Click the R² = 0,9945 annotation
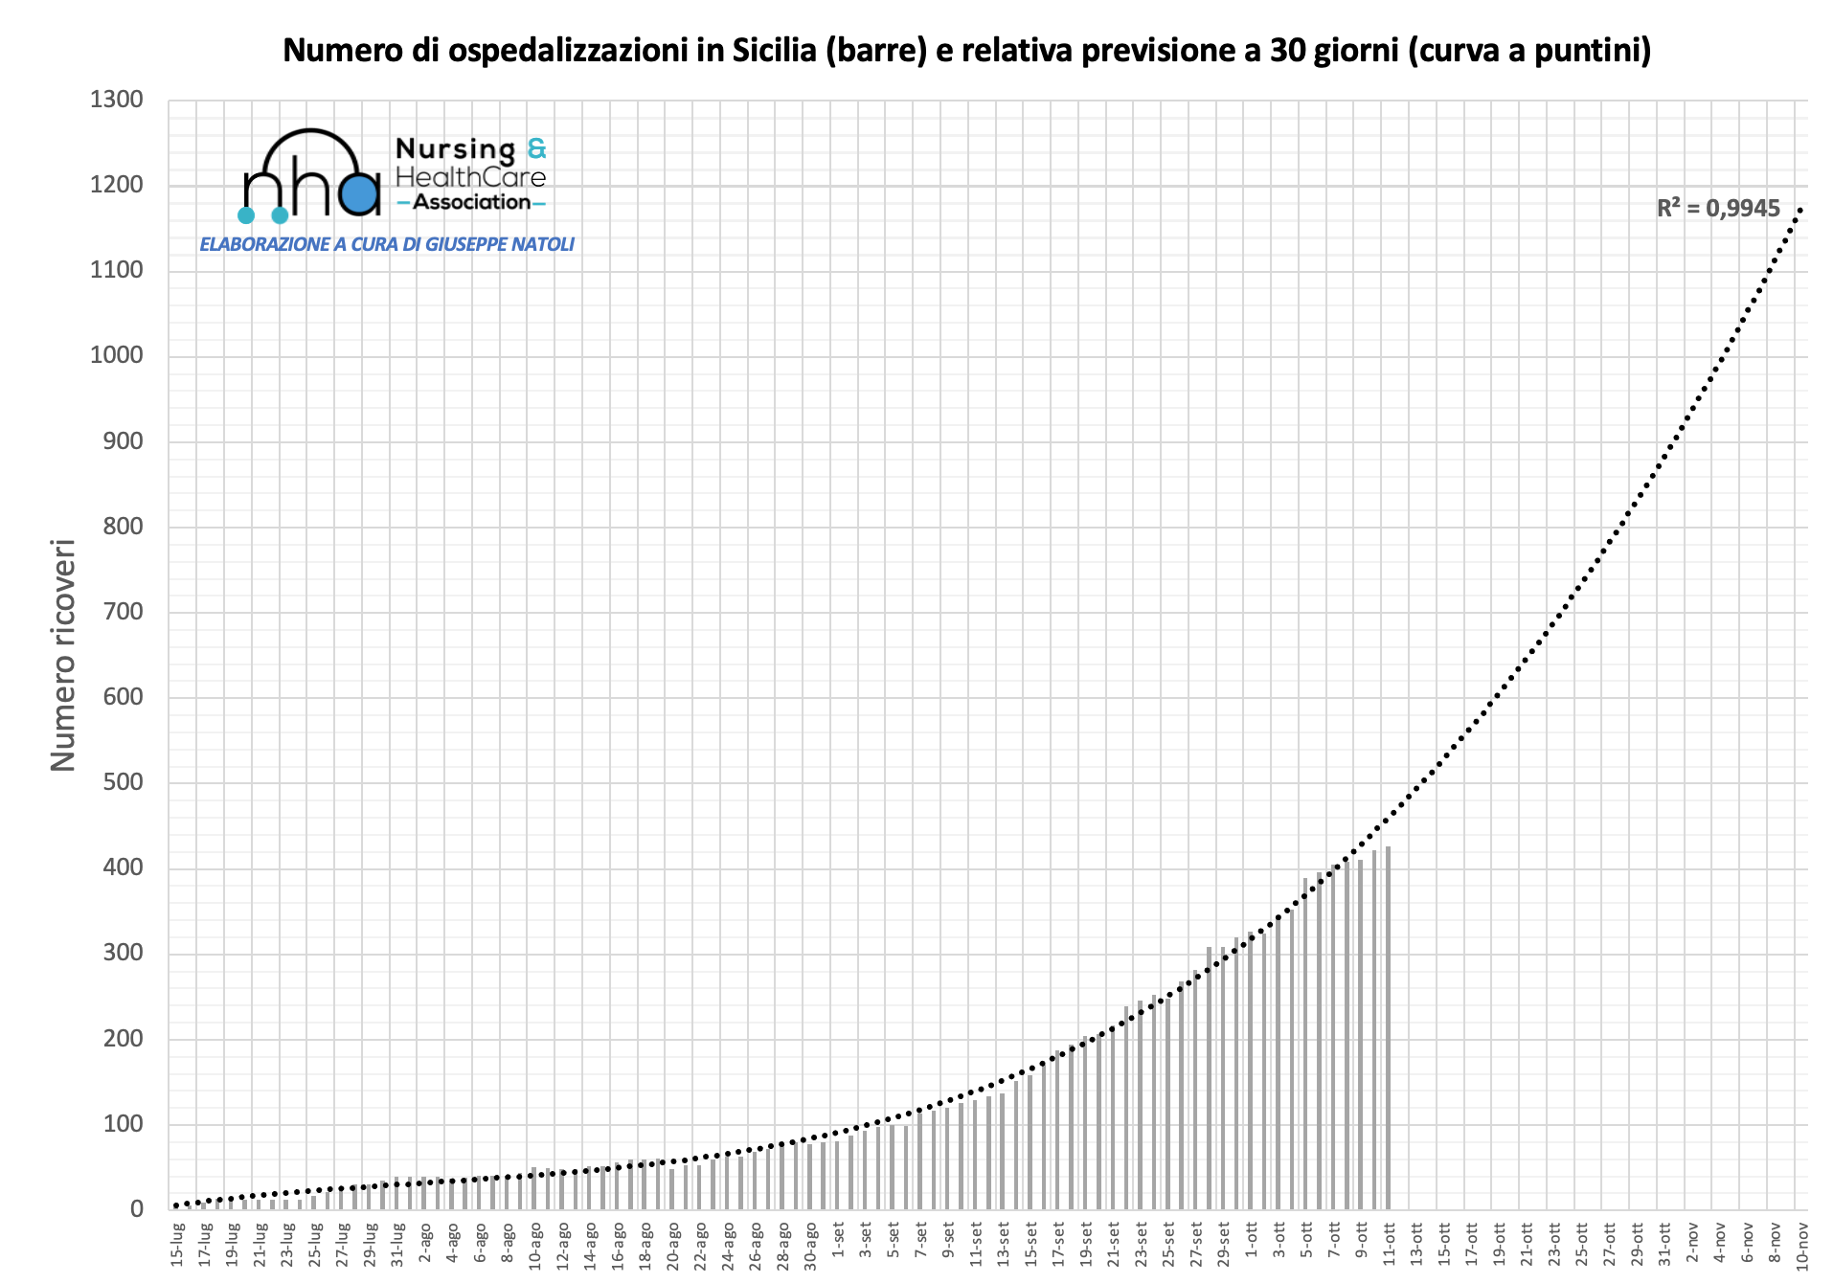[1718, 209]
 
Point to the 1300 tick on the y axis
[116, 100]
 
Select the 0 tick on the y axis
[136, 1209]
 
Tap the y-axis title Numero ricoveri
[63, 656]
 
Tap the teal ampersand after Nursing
[536, 148]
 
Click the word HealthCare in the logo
[470, 177]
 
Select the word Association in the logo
[471, 202]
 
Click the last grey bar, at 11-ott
[1388, 1026]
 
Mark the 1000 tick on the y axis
[116, 355]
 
